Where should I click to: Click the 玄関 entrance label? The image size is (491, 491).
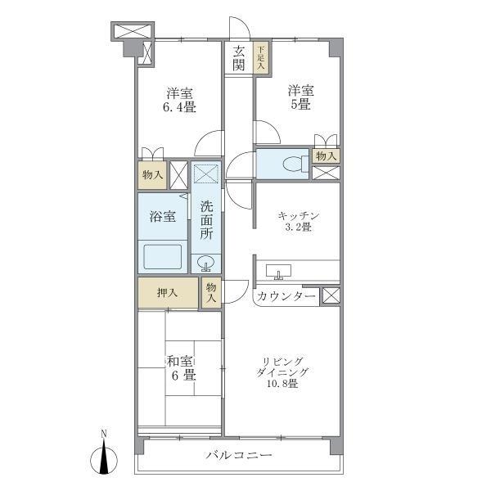pos(239,58)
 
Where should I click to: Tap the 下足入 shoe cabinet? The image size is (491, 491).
pos(260,58)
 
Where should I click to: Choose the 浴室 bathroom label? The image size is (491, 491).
pos(162,217)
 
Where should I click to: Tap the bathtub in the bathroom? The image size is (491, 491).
pos(163,256)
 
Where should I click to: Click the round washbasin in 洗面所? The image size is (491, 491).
pos(206,264)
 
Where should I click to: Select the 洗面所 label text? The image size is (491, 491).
pos(206,218)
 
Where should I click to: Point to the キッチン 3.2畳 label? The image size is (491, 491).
pos(298,221)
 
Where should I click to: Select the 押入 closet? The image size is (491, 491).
pos(168,293)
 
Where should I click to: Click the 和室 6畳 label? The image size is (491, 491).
pos(181,367)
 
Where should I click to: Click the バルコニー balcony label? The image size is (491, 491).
pos(239,455)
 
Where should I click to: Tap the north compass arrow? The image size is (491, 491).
pos(104,457)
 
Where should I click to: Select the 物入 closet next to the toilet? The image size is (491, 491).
pos(326,155)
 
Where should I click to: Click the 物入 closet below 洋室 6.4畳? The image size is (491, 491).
pos(151,175)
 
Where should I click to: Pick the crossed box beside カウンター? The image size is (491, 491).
pos(330,296)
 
